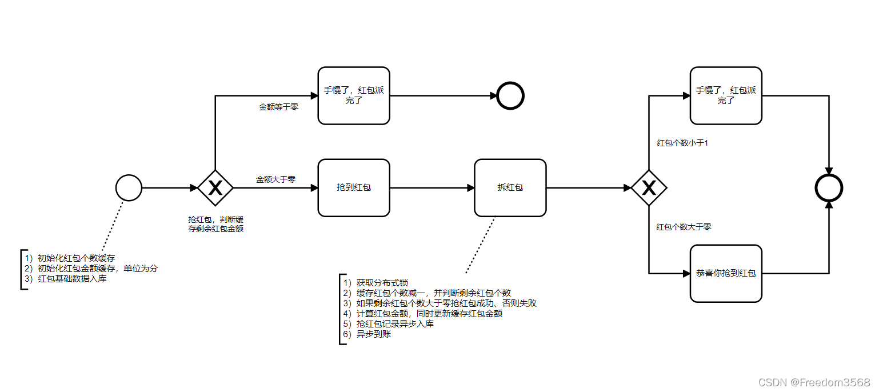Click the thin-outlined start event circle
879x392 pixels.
pos(129,187)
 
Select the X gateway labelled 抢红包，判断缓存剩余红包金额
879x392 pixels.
pos(215,187)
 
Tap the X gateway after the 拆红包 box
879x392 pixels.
pos(649,187)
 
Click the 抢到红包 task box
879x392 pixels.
pos(354,187)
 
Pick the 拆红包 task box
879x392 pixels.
pos(510,187)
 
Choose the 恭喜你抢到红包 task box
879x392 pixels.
pos(726,273)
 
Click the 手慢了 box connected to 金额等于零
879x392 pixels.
pos(354,95)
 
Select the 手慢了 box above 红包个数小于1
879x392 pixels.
pos(726,95)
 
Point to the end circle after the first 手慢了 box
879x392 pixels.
pos(510,95)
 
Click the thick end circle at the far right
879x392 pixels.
pos(829,187)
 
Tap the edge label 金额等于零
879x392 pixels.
pos(278,107)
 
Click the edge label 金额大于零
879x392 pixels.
pos(275,179)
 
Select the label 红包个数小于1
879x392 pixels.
pos(682,143)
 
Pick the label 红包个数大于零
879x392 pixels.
pos(684,227)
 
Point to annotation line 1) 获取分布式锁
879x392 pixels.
pos(375,282)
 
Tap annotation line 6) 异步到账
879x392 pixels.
pos(367,334)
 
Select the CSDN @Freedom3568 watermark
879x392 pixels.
pos(814,382)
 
